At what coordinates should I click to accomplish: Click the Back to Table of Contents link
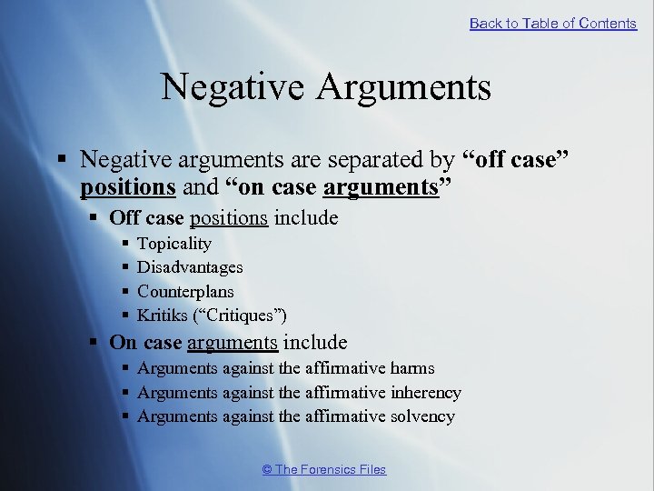[552, 24]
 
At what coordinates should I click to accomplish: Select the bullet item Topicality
[173, 244]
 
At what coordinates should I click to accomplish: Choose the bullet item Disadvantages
[190, 267]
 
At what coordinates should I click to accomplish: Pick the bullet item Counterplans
[185, 292]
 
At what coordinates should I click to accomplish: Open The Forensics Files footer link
[324, 469]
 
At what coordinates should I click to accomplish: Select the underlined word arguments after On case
[232, 343]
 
